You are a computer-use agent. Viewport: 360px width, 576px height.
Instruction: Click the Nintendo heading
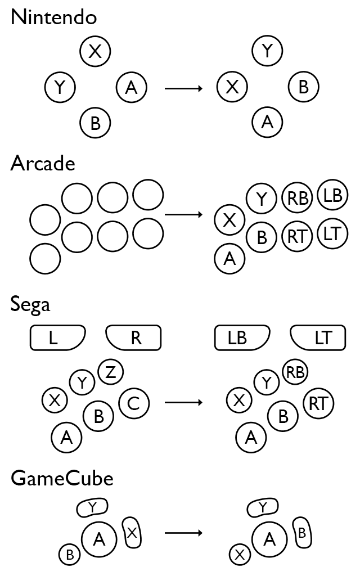[53, 17]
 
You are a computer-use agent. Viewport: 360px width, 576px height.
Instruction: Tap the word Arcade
[43, 164]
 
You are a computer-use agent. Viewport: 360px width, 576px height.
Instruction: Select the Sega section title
[30, 304]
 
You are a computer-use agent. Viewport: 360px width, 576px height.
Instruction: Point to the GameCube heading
[62, 479]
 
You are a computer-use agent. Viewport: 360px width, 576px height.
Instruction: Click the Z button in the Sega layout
[111, 372]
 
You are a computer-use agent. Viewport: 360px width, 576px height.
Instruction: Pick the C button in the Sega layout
[134, 403]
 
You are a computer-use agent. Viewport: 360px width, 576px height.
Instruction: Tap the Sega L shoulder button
[57, 337]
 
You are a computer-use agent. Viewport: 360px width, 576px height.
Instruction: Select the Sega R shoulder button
[133, 337]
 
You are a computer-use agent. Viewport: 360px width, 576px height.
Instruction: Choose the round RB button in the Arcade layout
[298, 198]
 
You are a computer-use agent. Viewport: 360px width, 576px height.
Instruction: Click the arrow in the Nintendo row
[183, 88]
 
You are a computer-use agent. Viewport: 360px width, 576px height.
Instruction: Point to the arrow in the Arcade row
[183, 215]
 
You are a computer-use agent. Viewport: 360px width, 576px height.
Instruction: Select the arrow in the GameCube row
[183, 532]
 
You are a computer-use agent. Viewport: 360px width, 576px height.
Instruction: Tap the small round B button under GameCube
[70, 555]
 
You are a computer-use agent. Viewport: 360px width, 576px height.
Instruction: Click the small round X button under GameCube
[240, 555]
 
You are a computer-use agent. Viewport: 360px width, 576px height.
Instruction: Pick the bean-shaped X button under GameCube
[132, 533]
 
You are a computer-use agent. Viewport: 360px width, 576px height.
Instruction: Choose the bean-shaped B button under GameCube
[302, 533]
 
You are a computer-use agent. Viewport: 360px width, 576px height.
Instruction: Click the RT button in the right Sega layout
[318, 403]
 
